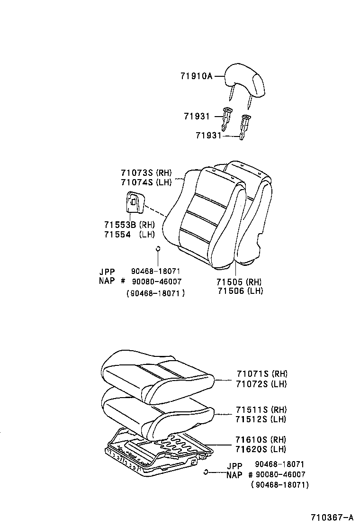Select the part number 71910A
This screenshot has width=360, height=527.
[196, 75]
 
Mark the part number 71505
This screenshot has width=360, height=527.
[233, 282]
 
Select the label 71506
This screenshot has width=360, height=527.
[233, 291]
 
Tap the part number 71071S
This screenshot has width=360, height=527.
[252, 374]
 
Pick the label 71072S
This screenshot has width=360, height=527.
[252, 384]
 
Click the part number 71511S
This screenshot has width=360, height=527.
[252, 409]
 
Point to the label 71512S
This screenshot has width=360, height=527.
[252, 419]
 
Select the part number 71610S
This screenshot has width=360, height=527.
[252, 440]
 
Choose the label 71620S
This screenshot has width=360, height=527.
[252, 449]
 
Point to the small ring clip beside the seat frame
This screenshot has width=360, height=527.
[206, 471]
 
